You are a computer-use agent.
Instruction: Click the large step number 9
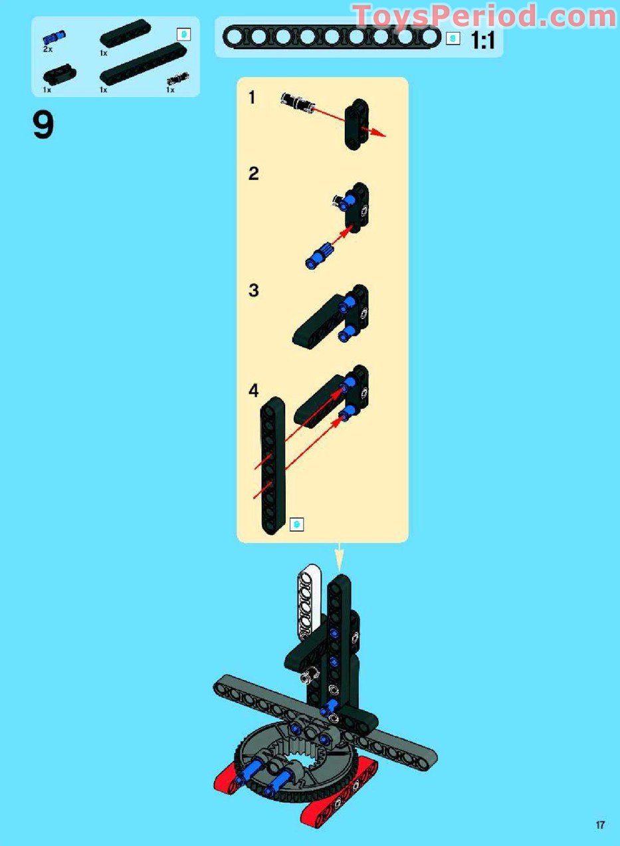coord(43,126)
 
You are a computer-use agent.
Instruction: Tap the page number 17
coord(600,833)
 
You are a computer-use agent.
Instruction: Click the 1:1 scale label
coord(482,40)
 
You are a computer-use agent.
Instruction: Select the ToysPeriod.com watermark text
coord(485,16)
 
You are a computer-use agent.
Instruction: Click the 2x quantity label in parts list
coord(48,49)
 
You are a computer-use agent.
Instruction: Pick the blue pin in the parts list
coord(54,37)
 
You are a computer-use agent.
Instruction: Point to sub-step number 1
coord(252,98)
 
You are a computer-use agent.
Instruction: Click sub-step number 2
coord(253,173)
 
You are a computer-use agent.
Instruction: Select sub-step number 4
coord(253,391)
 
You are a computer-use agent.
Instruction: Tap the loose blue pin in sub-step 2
coord(320,256)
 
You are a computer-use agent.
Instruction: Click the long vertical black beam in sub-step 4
coord(272,466)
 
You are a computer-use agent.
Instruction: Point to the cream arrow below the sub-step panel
coord(339,556)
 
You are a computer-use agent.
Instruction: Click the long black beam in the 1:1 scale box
coord(332,37)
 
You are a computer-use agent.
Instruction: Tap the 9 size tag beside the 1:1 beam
coord(453,38)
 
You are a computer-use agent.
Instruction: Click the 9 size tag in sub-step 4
coord(296,524)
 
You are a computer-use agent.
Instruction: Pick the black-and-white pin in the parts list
coord(178,78)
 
